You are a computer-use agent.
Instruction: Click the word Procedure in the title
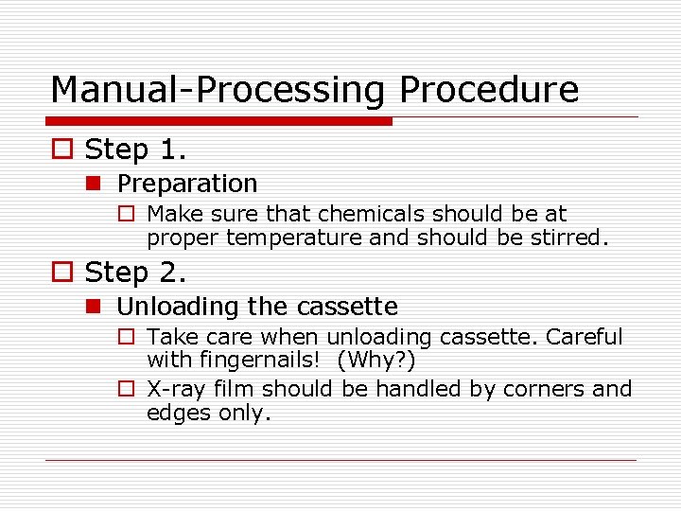(x=488, y=90)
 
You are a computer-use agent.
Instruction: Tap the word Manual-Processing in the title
(x=217, y=90)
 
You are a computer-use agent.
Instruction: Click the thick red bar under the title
(x=220, y=121)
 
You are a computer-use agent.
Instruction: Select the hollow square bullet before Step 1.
(x=61, y=150)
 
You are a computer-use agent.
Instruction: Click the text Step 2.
(x=136, y=273)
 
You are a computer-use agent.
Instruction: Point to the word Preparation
(x=187, y=184)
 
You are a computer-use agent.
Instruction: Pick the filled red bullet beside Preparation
(x=99, y=184)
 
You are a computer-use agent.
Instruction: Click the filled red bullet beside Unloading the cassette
(x=99, y=307)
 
